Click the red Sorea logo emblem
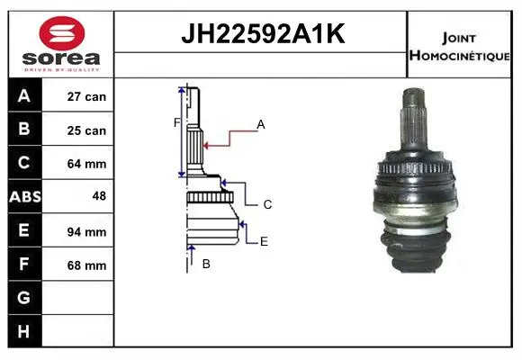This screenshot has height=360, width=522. pyautogui.click(x=62, y=33)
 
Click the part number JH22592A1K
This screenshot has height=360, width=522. pyautogui.click(x=263, y=33)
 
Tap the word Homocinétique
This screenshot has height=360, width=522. pyautogui.click(x=459, y=55)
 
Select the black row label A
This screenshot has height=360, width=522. pyautogui.click(x=24, y=95)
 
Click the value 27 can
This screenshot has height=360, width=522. pyautogui.click(x=86, y=96)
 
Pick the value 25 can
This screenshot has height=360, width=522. pyautogui.click(x=86, y=130)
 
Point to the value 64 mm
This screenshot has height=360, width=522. pyautogui.click(x=86, y=164)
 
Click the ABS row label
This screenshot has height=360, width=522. pyautogui.click(x=25, y=196)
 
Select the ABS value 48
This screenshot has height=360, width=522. pyautogui.click(x=99, y=196)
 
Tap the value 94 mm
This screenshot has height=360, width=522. pyautogui.click(x=86, y=232)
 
